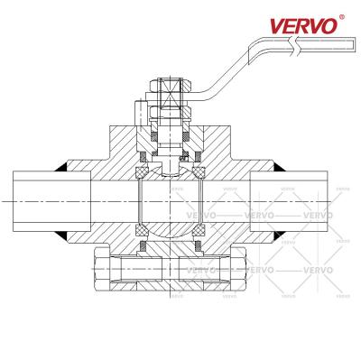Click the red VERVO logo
tap(303, 26)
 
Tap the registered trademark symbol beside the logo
tap(342, 17)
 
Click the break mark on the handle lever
tap(294, 46)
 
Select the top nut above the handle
tap(170, 85)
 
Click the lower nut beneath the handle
tap(170, 112)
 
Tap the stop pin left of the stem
tap(139, 114)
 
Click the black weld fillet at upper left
tap(61, 167)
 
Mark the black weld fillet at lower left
tap(61, 235)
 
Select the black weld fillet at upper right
tap(278, 167)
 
